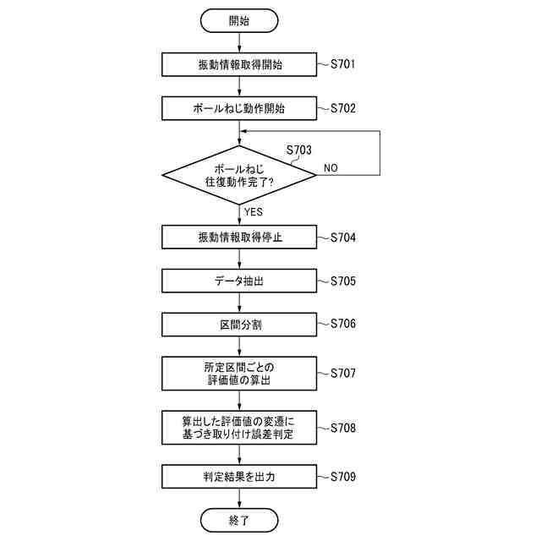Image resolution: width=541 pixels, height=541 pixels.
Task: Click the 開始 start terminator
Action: (240, 21)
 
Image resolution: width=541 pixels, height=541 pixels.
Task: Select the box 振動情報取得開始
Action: (240, 65)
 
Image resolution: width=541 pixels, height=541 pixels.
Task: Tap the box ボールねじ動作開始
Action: (240, 108)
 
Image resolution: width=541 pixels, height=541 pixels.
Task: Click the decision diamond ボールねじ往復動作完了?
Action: (240, 176)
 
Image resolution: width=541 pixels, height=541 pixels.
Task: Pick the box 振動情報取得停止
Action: (240, 238)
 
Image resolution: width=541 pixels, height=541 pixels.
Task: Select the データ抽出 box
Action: (240, 281)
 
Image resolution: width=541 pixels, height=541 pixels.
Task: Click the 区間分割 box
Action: (240, 324)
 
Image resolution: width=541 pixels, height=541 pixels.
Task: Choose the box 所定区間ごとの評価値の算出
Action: (240, 373)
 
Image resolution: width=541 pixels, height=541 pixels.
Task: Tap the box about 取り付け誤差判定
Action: (240, 428)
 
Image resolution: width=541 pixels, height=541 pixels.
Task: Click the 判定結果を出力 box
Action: (240, 477)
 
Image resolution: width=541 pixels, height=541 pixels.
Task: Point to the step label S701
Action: (343, 64)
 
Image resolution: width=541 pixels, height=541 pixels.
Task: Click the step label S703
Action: (298, 150)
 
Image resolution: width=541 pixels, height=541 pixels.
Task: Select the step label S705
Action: (343, 281)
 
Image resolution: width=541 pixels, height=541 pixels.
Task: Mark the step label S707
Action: (343, 373)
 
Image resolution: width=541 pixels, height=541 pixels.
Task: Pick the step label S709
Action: (343, 477)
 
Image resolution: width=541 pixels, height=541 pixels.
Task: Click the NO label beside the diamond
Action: (331, 168)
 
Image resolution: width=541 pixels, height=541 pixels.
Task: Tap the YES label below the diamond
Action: (254, 211)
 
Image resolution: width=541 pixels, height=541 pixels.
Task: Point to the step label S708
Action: (343, 428)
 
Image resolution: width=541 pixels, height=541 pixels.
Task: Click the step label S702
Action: (343, 108)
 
